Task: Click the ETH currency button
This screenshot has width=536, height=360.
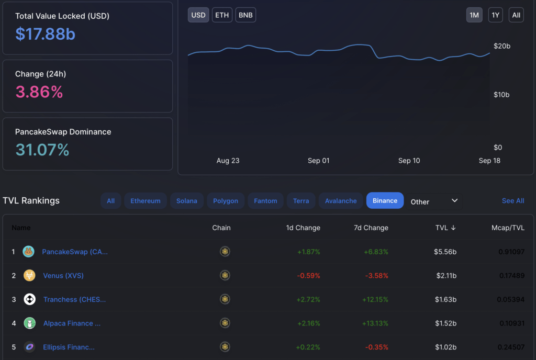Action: tap(222, 15)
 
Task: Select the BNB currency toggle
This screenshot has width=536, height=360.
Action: tap(245, 15)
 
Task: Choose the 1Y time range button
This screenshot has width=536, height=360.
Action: tap(495, 15)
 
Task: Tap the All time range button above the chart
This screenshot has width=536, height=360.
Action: tap(516, 15)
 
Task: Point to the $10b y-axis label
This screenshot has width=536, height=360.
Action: tap(501, 95)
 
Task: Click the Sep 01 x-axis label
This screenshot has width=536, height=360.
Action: tap(318, 161)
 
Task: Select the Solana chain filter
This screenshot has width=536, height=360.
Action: tap(187, 201)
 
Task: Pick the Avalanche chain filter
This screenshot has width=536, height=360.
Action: tap(341, 201)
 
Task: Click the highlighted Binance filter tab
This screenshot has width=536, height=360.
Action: tap(385, 200)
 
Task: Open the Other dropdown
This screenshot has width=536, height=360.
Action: tap(434, 201)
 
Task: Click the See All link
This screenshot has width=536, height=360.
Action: tap(513, 201)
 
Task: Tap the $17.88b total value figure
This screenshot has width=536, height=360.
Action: tap(45, 34)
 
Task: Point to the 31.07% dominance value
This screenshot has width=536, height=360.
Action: tap(42, 150)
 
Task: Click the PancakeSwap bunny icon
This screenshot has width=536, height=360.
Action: tap(29, 252)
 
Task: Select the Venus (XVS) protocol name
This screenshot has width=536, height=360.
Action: tap(63, 276)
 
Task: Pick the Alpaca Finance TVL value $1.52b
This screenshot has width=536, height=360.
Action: tap(445, 323)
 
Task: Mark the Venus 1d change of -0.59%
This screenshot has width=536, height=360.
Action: tap(308, 276)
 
